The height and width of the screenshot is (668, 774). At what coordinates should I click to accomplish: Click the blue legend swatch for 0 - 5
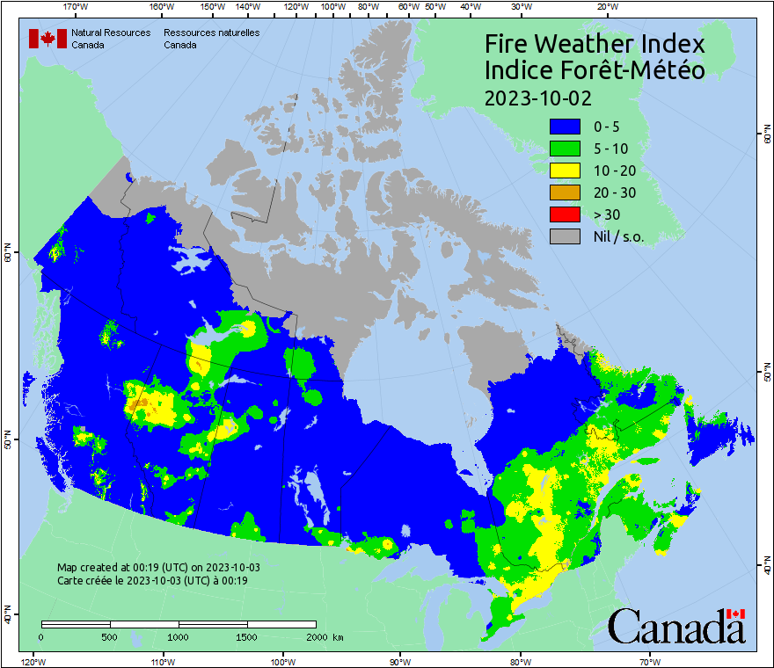566,127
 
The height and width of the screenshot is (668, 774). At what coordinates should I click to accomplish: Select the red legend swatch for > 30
566,214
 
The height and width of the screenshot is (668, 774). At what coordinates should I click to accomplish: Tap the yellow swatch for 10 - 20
566,171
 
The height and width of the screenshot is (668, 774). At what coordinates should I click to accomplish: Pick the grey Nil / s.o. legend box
566,236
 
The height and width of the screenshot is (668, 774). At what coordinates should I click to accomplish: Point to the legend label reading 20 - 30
614,192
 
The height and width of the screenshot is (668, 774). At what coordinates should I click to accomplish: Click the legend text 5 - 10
610,149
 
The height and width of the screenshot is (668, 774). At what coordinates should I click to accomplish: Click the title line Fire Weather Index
595,44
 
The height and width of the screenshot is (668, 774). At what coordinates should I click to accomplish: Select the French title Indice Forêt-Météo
595,70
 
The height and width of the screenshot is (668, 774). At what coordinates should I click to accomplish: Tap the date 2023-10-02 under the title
537,97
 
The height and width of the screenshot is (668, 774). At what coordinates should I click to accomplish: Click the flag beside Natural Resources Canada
47,39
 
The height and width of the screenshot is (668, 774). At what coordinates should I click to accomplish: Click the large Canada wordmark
676,627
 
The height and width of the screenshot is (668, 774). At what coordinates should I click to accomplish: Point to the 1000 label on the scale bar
179,637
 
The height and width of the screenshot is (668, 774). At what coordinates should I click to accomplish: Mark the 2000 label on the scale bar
316,637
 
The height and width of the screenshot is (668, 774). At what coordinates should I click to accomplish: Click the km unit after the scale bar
339,637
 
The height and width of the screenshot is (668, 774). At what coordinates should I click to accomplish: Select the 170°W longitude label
77,7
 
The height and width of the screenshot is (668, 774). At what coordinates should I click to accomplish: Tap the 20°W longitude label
605,7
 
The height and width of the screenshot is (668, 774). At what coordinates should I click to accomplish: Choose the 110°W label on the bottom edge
161,661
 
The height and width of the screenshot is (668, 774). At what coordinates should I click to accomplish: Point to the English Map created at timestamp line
158,568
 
